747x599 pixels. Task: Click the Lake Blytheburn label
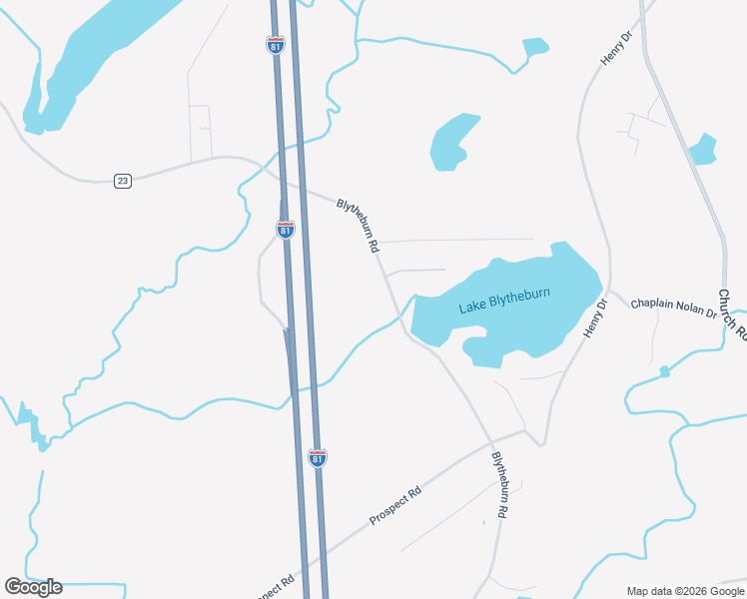504,302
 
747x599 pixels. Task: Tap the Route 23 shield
123,181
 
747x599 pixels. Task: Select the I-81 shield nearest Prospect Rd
318,457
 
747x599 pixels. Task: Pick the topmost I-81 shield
276,46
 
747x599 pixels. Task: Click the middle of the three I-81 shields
286,229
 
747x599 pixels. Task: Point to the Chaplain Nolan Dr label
673,306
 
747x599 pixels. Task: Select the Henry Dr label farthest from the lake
616,49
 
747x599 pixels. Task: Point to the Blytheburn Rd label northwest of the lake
359,225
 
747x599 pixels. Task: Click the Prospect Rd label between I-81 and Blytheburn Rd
395,505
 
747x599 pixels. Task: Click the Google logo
33,586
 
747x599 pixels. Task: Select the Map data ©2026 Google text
684,591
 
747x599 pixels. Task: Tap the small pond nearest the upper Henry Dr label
535,47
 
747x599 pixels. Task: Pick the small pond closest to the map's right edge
703,148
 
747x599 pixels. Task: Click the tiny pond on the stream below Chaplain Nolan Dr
664,371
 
